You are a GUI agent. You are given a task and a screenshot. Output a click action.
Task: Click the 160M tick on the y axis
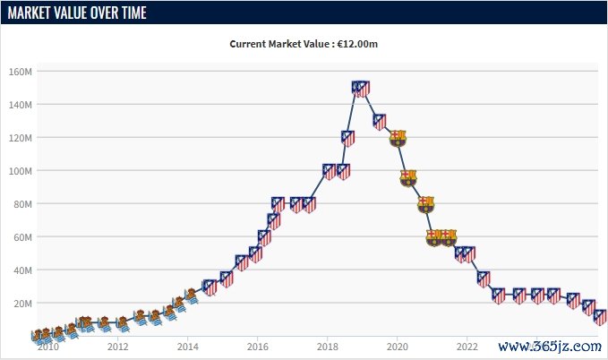(20, 72)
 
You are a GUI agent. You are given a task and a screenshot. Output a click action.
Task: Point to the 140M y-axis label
(20, 105)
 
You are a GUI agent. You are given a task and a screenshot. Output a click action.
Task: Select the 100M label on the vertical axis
(20, 171)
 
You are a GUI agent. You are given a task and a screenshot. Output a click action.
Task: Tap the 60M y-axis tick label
(21, 237)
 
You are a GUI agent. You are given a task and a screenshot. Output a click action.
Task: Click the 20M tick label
(21, 304)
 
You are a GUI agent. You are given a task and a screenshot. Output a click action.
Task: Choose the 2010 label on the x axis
(47, 347)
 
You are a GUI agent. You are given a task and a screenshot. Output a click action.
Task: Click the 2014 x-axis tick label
(187, 347)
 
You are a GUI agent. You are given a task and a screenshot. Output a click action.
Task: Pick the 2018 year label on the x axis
(327, 347)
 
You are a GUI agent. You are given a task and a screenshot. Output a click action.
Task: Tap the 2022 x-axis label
(467, 347)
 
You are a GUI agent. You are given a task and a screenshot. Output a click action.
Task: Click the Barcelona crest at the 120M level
(398, 138)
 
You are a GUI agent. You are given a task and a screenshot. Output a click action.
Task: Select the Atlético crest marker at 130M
(380, 122)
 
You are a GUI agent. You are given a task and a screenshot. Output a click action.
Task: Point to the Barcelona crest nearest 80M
(425, 204)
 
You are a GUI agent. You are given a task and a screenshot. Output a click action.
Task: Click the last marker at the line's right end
(600, 317)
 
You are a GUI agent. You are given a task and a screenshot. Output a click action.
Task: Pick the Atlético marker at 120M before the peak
(348, 138)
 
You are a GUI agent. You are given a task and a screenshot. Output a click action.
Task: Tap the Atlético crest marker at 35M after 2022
(484, 279)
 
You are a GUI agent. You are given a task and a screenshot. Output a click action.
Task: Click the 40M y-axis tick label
(21, 270)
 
